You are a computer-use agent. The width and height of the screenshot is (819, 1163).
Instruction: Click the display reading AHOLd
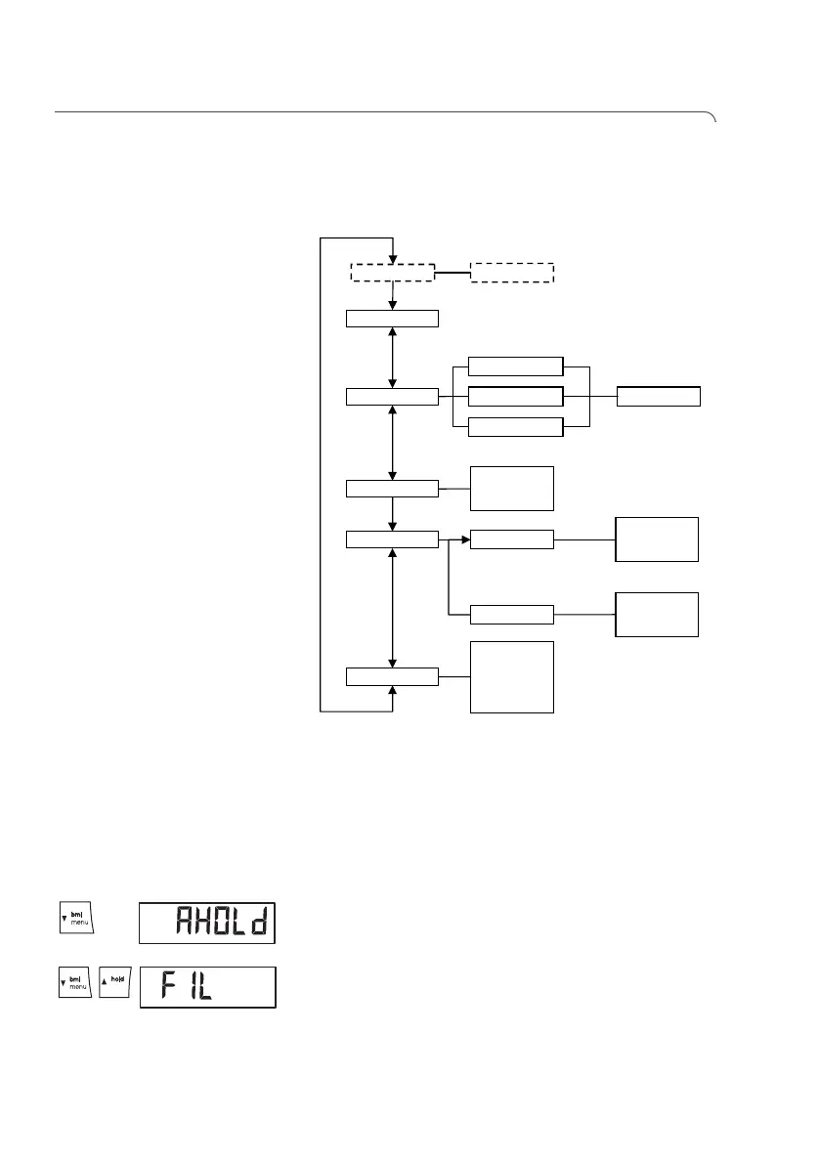click(207, 922)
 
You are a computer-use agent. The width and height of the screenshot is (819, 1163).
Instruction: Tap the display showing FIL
click(207, 987)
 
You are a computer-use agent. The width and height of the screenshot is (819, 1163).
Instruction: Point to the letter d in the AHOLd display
click(259, 923)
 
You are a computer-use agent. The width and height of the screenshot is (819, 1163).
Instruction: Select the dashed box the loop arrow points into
click(392, 273)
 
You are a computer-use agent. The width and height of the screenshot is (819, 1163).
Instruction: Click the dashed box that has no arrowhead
click(512, 273)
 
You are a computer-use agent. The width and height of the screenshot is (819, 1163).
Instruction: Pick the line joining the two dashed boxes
click(453, 273)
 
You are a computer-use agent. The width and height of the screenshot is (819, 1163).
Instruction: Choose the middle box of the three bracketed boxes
click(516, 396)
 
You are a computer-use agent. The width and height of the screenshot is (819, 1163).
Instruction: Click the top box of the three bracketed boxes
click(516, 366)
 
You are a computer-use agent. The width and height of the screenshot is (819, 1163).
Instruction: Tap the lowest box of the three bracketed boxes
click(516, 427)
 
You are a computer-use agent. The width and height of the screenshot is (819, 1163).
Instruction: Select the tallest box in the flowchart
click(512, 676)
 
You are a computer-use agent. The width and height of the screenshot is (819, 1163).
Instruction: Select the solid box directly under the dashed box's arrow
click(392, 318)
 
